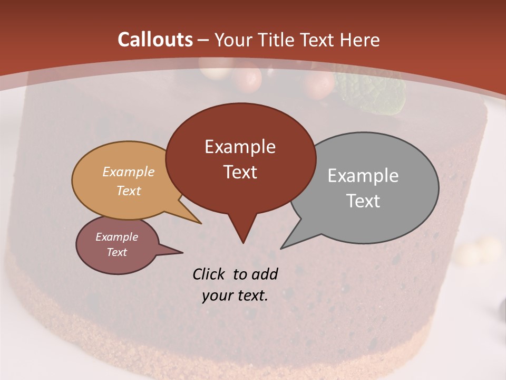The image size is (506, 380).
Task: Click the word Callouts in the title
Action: point(155,40)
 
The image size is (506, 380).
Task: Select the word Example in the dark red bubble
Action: point(240,147)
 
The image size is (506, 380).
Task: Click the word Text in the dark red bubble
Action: point(240,172)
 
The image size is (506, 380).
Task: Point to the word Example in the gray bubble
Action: point(363,176)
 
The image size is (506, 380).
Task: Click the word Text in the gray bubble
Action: point(363,201)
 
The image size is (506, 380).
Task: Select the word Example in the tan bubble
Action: point(128,172)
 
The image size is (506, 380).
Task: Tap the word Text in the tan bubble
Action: point(128,191)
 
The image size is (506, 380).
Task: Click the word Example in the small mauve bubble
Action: point(116,237)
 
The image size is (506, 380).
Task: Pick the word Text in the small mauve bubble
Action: point(116,252)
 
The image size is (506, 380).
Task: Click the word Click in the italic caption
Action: point(210,274)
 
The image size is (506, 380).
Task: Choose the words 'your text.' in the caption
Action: point(235,296)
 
